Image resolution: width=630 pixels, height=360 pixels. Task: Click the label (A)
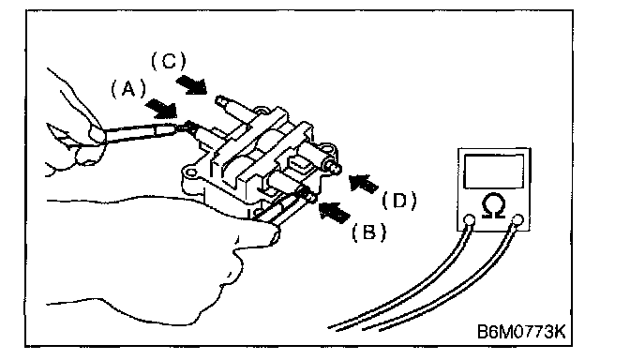click(x=128, y=89)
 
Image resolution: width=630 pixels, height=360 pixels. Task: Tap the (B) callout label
click(x=369, y=232)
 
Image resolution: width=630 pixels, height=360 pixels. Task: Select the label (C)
click(x=169, y=62)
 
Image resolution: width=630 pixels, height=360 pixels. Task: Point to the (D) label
click(x=399, y=200)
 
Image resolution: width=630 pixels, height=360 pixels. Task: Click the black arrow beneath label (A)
click(x=161, y=110)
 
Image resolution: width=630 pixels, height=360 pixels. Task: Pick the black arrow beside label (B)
click(x=333, y=212)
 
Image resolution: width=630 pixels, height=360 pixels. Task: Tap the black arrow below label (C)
click(x=191, y=85)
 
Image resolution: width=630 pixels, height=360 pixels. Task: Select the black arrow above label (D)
click(x=363, y=183)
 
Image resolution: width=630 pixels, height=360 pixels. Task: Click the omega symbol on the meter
click(x=493, y=205)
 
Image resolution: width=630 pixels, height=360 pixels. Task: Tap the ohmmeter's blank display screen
click(x=494, y=171)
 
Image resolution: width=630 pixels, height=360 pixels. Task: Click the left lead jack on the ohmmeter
click(x=469, y=220)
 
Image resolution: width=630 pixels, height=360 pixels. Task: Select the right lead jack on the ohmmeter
click(x=518, y=219)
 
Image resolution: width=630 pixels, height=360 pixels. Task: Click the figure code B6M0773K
click(x=521, y=332)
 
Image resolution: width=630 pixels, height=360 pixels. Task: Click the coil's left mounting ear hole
click(x=191, y=173)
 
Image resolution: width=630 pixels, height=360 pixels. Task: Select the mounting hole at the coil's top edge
click(x=262, y=110)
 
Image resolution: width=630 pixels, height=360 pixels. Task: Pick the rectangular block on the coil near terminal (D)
click(x=300, y=164)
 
